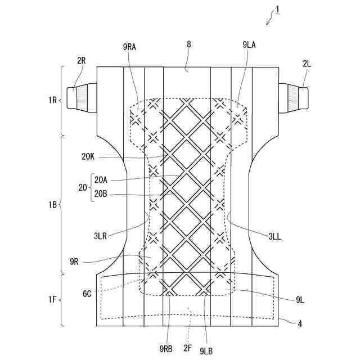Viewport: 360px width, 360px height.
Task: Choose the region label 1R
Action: pyautogui.click(x=52, y=101)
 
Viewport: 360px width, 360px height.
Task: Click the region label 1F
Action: pyautogui.click(x=52, y=301)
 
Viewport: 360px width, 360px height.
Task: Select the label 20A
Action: pyautogui.click(x=101, y=180)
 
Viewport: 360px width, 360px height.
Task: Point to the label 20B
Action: pyautogui.click(x=101, y=195)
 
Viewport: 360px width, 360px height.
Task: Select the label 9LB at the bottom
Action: pyautogui.click(x=207, y=351)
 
